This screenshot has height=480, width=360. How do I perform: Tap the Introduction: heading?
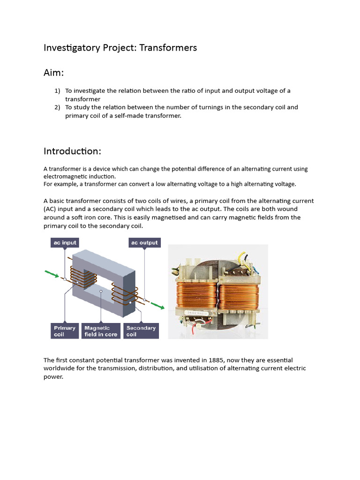[72, 151]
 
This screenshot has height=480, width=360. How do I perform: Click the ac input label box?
[64, 243]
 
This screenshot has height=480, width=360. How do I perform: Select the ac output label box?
[144, 243]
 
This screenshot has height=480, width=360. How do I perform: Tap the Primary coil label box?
[64, 331]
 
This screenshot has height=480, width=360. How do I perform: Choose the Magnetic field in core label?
[101, 331]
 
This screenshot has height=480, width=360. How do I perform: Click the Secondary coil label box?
[141, 331]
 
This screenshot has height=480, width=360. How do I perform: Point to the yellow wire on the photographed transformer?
[243, 258]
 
